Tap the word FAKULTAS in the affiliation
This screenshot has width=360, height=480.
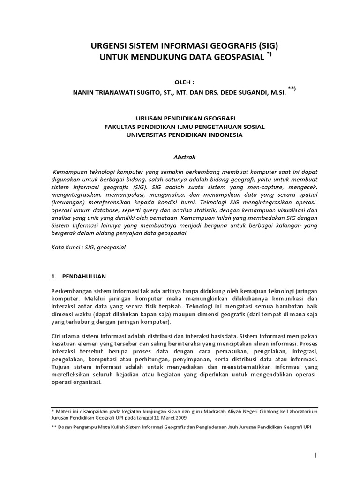click(122, 127)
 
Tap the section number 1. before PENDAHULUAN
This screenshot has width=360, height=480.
click(53, 277)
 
